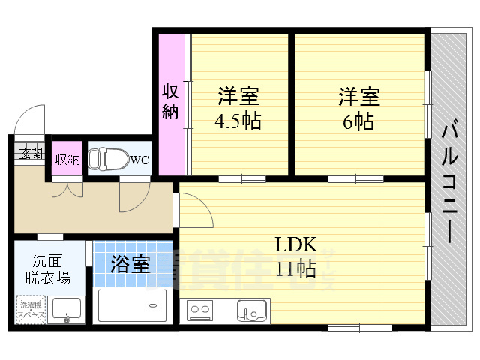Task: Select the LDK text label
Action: [295, 244]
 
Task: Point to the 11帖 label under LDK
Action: [295, 268]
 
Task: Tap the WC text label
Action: [139, 160]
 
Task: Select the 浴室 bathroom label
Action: [130, 264]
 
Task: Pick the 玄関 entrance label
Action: [31, 155]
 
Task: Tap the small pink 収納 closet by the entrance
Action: [67, 159]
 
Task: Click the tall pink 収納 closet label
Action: [171, 103]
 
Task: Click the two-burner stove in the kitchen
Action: [199, 309]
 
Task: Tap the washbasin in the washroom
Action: [67, 308]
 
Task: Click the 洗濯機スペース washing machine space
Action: [31, 309]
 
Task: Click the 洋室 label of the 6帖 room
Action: [358, 97]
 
